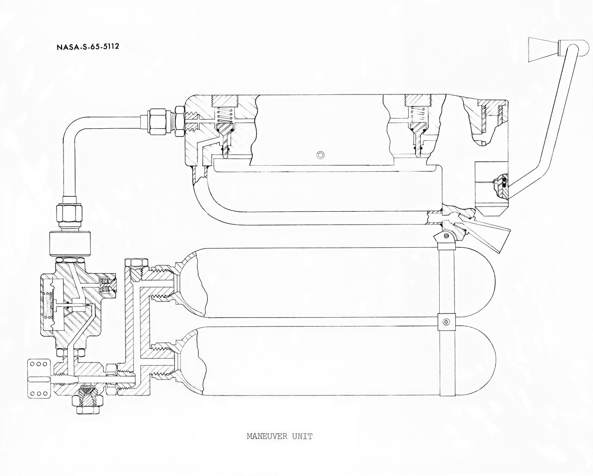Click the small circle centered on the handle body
point(319,154)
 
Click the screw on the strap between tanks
point(446,321)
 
